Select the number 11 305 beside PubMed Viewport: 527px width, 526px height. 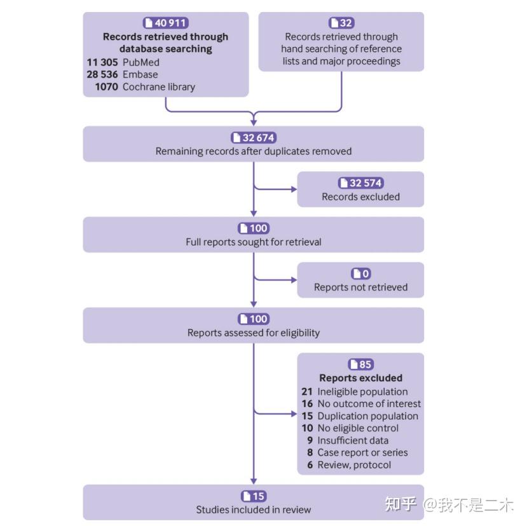coord(102,62)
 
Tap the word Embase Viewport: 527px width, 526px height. coord(140,74)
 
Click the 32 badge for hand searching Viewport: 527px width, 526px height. coord(341,23)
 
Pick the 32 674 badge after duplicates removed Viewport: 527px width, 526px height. coord(253,137)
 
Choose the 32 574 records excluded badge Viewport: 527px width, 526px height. coord(360,183)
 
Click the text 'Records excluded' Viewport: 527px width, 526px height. coord(360,197)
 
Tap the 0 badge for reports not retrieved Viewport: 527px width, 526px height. coord(360,273)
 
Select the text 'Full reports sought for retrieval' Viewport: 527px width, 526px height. coord(253,242)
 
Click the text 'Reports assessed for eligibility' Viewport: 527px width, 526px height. coord(253,332)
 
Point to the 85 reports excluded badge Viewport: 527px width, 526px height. coord(360,364)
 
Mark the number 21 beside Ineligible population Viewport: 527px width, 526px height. coord(307,392)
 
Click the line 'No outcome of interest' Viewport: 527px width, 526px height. coord(369,404)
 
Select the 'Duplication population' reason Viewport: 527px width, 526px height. coord(367,416)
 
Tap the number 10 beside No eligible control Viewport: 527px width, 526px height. coord(307,428)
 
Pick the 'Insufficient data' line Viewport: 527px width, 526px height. coord(353,440)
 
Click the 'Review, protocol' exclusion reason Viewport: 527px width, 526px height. coord(354,465)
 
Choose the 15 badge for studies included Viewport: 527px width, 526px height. coord(253,496)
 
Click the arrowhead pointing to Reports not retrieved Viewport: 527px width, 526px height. coord(293,279)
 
